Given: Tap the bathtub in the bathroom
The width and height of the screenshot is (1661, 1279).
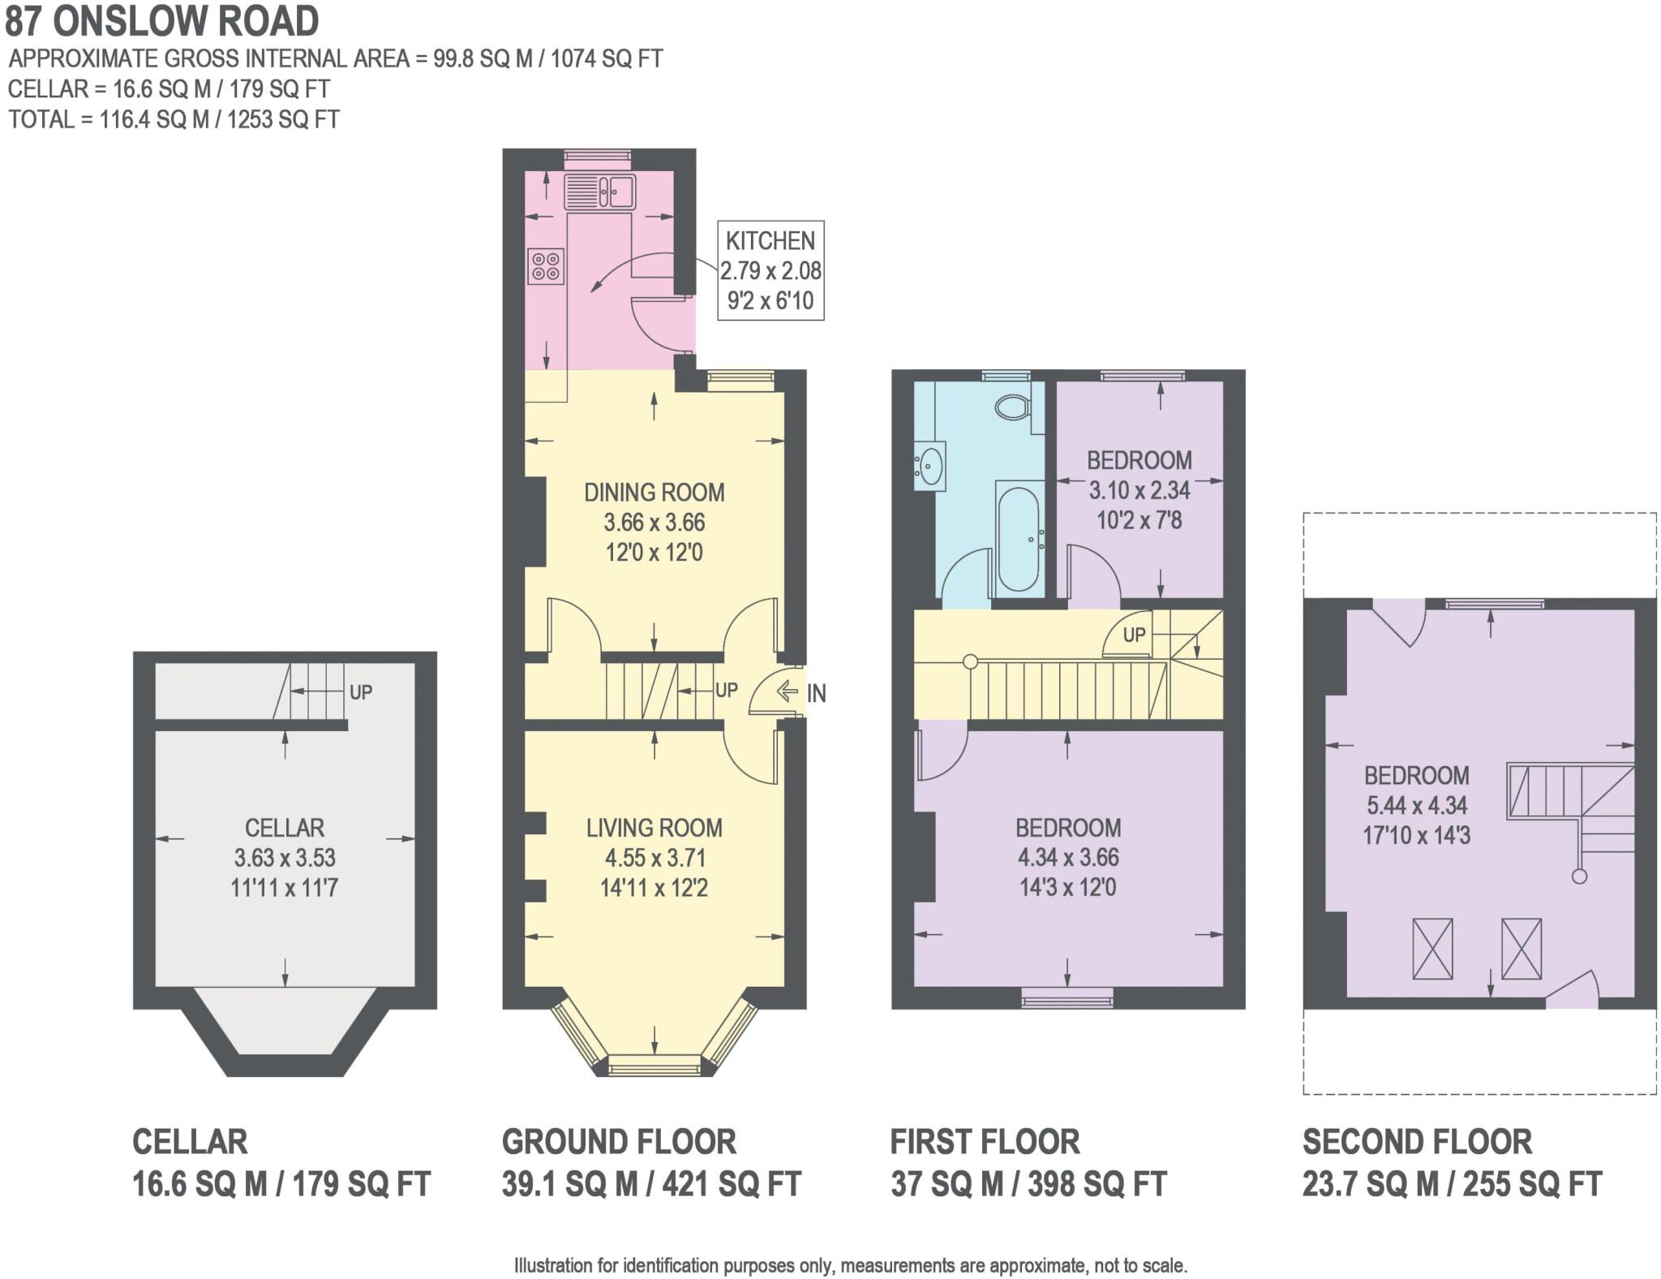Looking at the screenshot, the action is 1019,538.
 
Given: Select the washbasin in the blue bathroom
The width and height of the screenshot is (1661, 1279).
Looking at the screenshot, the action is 929,467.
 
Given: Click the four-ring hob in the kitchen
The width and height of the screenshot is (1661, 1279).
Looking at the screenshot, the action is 546,266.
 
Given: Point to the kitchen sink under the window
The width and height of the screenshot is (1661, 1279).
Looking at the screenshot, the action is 600,193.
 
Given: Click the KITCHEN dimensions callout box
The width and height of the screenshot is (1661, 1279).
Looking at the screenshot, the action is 770,270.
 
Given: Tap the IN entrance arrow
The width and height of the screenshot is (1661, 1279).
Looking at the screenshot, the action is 787,692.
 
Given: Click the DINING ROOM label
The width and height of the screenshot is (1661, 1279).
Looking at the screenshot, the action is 655,493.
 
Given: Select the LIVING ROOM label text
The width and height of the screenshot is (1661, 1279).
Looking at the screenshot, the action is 655,828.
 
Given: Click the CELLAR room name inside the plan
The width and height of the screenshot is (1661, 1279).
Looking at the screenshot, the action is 285,828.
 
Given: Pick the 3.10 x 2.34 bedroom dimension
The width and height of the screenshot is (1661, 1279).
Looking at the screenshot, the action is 1139,490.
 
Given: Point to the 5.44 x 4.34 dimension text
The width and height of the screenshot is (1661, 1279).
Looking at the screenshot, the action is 1416,805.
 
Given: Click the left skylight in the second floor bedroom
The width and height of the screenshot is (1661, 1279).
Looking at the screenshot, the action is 1432,948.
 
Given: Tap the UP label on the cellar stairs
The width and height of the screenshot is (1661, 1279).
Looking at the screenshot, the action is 360,692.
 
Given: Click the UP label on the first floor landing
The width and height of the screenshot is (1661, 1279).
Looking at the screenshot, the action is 1134,635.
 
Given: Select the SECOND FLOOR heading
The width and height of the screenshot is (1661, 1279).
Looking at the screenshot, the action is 1417,1142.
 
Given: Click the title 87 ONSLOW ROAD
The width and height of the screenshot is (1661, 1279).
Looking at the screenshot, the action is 162,22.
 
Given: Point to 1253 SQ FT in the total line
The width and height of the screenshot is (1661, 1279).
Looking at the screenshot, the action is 283,119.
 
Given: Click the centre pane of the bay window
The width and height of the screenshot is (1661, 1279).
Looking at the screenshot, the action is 654,1065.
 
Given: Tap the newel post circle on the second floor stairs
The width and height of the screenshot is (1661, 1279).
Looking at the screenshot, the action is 1578,876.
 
